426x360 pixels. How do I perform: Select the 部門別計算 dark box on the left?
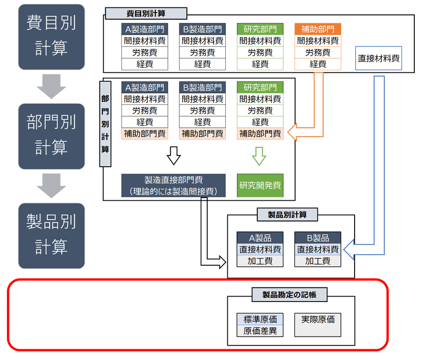pyautogui.click(x=51, y=136)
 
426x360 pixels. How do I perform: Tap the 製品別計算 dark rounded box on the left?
pyautogui.click(x=51, y=235)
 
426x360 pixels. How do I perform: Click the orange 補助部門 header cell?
pyautogui.click(x=318, y=29)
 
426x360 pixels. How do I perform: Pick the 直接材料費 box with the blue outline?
pyautogui.click(x=379, y=59)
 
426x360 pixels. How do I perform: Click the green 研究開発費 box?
pyautogui.click(x=260, y=185)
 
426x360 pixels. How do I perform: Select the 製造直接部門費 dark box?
pyautogui.click(x=174, y=185)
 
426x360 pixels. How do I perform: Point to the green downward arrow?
pyautogui.click(x=259, y=155)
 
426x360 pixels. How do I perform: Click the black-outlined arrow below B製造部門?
pyautogui.click(x=174, y=155)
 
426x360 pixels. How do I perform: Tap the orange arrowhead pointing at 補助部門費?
pyautogui.click(x=292, y=133)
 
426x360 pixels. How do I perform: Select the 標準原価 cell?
pyautogui.click(x=260, y=319)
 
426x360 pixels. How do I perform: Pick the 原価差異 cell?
pyautogui.click(x=260, y=331)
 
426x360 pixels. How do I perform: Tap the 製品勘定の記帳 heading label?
pyautogui.click(x=289, y=293)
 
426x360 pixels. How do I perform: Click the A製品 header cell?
pyautogui.click(x=260, y=238)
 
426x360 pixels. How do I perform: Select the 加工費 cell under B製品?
pyautogui.click(x=318, y=261)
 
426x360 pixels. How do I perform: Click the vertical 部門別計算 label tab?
pyautogui.click(x=105, y=124)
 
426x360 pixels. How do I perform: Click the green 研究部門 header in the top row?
pyautogui.click(x=260, y=29)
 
